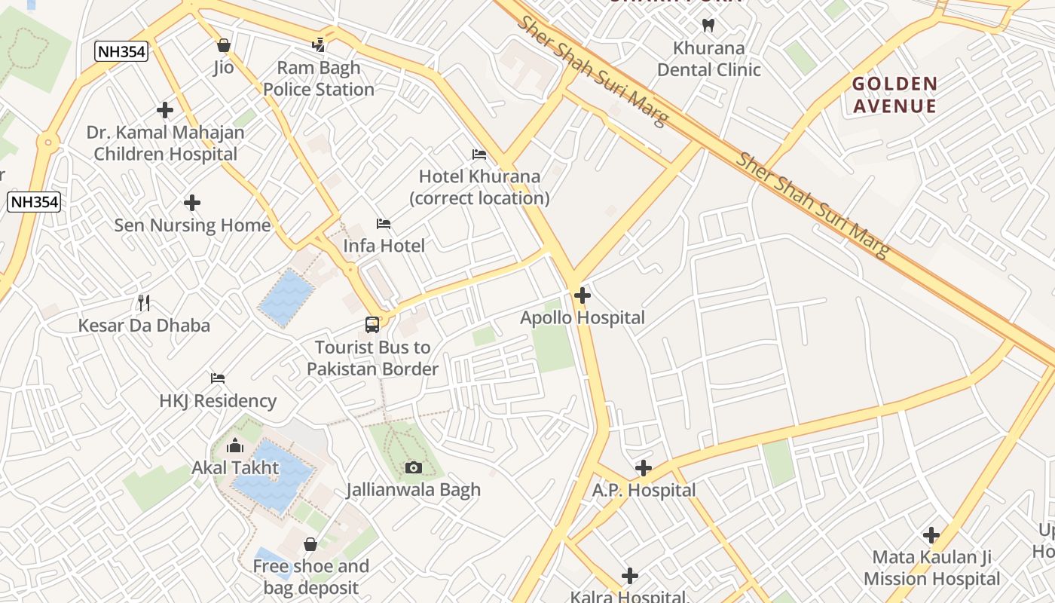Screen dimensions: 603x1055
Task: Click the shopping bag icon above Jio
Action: pyautogui.click(x=223, y=45)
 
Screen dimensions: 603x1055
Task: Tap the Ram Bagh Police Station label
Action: pyautogui.click(x=318, y=78)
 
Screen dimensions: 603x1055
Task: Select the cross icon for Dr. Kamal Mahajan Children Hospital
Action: pyautogui.click(x=165, y=110)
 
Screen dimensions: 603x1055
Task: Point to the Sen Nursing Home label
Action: pyautogui.click(x=192, y=225)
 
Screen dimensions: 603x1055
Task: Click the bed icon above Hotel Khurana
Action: pyautogui.click(x=479, y=155)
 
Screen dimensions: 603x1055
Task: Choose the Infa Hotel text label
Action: pyautogui.click(x=384, y=246)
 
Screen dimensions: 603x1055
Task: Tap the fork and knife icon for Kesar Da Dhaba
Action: pyautogui.click(x=144, y=303)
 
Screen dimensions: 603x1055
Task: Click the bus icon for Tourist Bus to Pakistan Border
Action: pyautogui.click(x=372, y=325)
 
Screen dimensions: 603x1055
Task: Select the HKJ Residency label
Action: pyautogui.click(x=218, y=401)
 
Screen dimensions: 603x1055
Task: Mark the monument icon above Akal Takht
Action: pyautogui.click(x=235, y=445)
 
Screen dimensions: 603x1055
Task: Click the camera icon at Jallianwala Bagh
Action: pyautogui.click(x=413, y=468)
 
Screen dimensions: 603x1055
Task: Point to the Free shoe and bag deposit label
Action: pyautogui.click(x=310, y=577)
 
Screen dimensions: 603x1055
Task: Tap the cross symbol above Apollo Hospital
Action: pyautogui.click(x=583, y=295)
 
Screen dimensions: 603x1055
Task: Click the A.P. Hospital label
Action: pyautogui.click(x=644, y=491)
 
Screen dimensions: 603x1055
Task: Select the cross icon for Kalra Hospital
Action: pyautogui.click(x=630, y=577)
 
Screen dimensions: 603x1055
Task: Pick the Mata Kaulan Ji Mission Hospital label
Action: pyautogui.click(x=931, y=568)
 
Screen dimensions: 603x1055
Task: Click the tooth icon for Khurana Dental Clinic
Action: pyautogui.click(x=708, y=25)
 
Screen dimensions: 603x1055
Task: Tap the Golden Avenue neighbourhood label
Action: pyautogui.click(x=894, y=95)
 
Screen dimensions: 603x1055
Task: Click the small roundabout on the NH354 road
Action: pyautogui.click(x=48, y=141)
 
